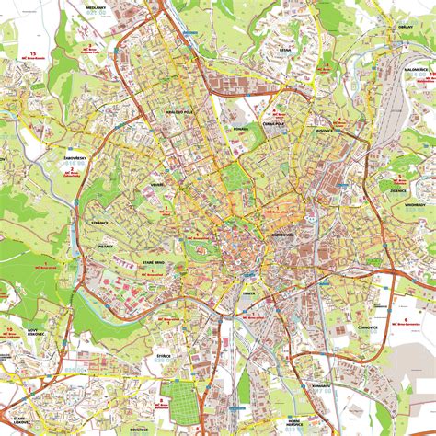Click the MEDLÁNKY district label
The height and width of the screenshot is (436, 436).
point(96,7)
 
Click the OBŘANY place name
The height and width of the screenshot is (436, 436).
point(378,29)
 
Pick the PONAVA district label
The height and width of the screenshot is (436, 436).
point(241,130)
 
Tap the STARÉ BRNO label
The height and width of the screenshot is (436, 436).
point(154,264)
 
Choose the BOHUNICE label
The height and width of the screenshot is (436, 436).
point(127,403)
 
